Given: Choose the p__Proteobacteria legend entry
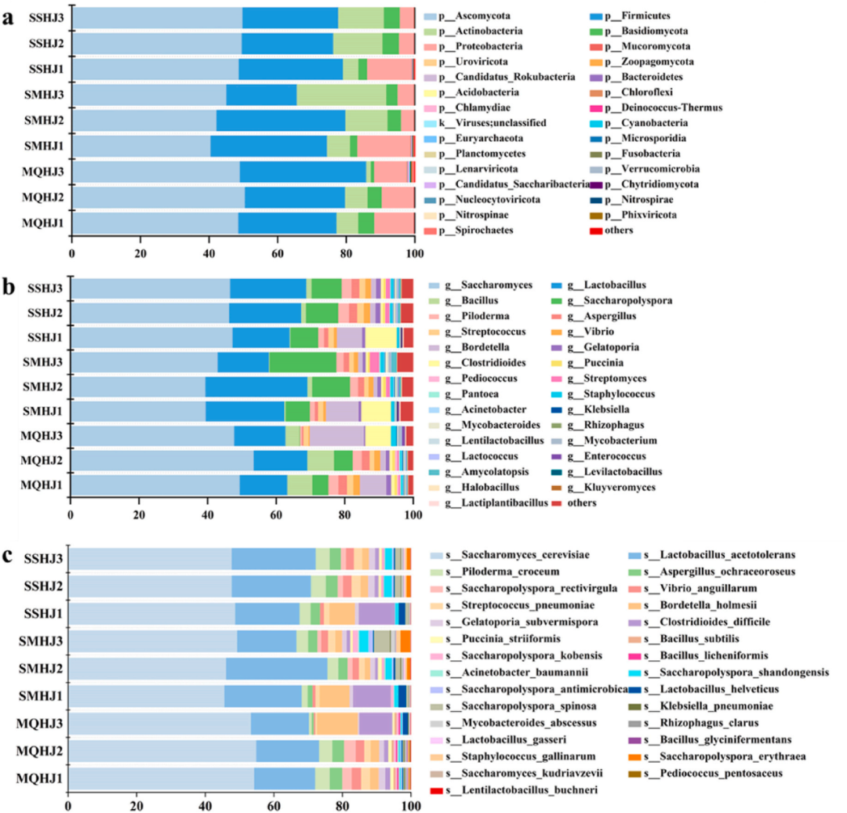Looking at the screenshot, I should click(484, 46).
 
